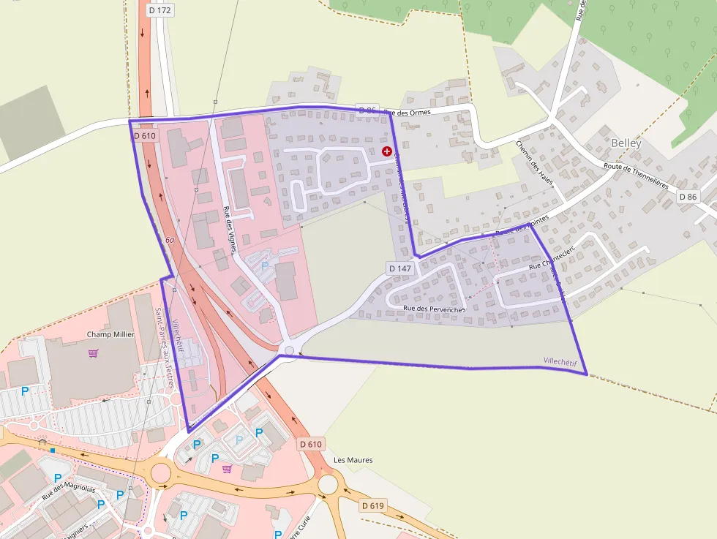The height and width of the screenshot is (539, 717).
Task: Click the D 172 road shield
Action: coord(159,10)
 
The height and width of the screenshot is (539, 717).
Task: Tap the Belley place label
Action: coord(626,143)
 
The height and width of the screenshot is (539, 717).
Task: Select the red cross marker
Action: coord(387,151)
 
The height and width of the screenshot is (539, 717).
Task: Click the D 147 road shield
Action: coord(400,268)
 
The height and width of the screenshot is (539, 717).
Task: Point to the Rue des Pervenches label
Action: coord(434,309)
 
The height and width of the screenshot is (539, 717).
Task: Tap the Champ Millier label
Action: coord(110,334)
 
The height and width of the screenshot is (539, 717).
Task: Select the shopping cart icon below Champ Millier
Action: coord(93,353)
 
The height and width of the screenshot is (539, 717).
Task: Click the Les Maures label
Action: coord(353,460)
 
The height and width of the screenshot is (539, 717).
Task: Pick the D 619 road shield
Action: coord(372,505)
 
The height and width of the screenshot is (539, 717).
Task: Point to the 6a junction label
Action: coord(170,240)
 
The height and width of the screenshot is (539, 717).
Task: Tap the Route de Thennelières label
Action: coord(636,176)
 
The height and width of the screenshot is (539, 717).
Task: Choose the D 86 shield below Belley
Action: coord(688,197)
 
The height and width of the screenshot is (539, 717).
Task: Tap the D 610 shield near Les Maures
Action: coord(310,444)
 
